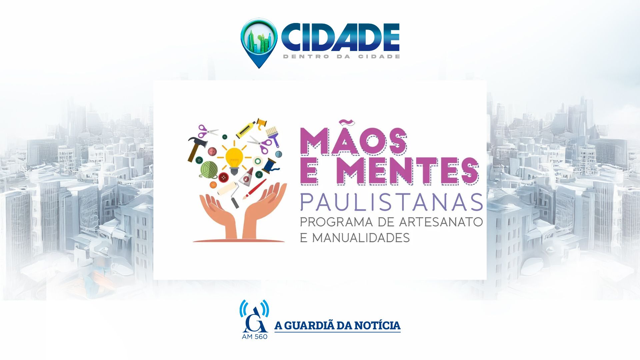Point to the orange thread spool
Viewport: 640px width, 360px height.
(262, 122)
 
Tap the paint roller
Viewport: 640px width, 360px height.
(230, 193)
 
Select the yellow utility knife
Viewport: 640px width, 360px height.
(246, 130)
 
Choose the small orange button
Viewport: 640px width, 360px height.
(213, 184)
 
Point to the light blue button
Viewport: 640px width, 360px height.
(278, 154)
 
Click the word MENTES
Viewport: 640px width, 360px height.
(410, 171)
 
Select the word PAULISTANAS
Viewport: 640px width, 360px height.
(391, 202)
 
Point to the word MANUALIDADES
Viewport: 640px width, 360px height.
(361, 238)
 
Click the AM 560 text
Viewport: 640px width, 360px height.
(255, 337)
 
